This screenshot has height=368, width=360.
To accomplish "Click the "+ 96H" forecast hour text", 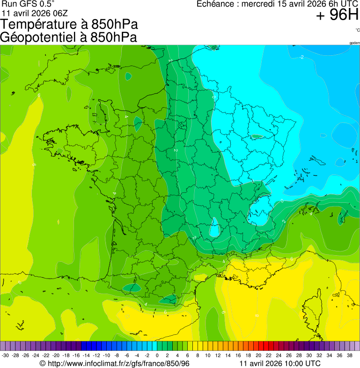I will click(337, 15).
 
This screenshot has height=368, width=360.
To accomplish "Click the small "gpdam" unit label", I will click(354, 43).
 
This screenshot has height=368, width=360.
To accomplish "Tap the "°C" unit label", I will click(357, 30).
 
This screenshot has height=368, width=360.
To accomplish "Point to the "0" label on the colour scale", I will click(157, 355).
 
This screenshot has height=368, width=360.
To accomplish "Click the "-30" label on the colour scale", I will click(5, 355).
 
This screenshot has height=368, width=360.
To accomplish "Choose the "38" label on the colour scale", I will click(349, 355).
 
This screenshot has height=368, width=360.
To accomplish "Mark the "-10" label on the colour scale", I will click(106, 355).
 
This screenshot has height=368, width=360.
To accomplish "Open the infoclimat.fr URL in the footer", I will click(115, 363).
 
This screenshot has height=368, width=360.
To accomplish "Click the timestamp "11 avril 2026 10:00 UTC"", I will click(280, 363).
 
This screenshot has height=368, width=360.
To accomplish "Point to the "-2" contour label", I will click(301, 57).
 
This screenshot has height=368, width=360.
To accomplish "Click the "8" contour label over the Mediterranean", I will click(257, 316).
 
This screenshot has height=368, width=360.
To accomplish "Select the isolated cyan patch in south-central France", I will click(215, 228).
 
